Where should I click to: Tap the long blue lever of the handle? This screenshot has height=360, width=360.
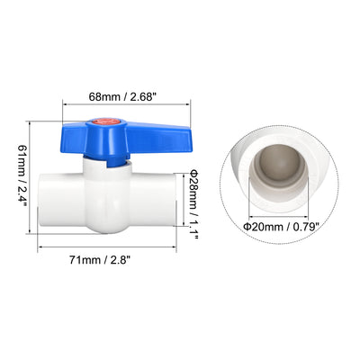pos(159,139)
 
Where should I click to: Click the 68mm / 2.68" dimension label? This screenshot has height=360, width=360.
pos(123,97)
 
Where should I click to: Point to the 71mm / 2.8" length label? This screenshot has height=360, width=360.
pos(100,259)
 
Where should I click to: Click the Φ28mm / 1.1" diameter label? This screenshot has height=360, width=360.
pos(193,205)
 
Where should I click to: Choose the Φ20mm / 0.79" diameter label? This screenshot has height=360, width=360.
pos(281,227)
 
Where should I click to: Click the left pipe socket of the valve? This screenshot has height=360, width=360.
pos(61,200)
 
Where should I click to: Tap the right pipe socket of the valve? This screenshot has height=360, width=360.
pos(153,200)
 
